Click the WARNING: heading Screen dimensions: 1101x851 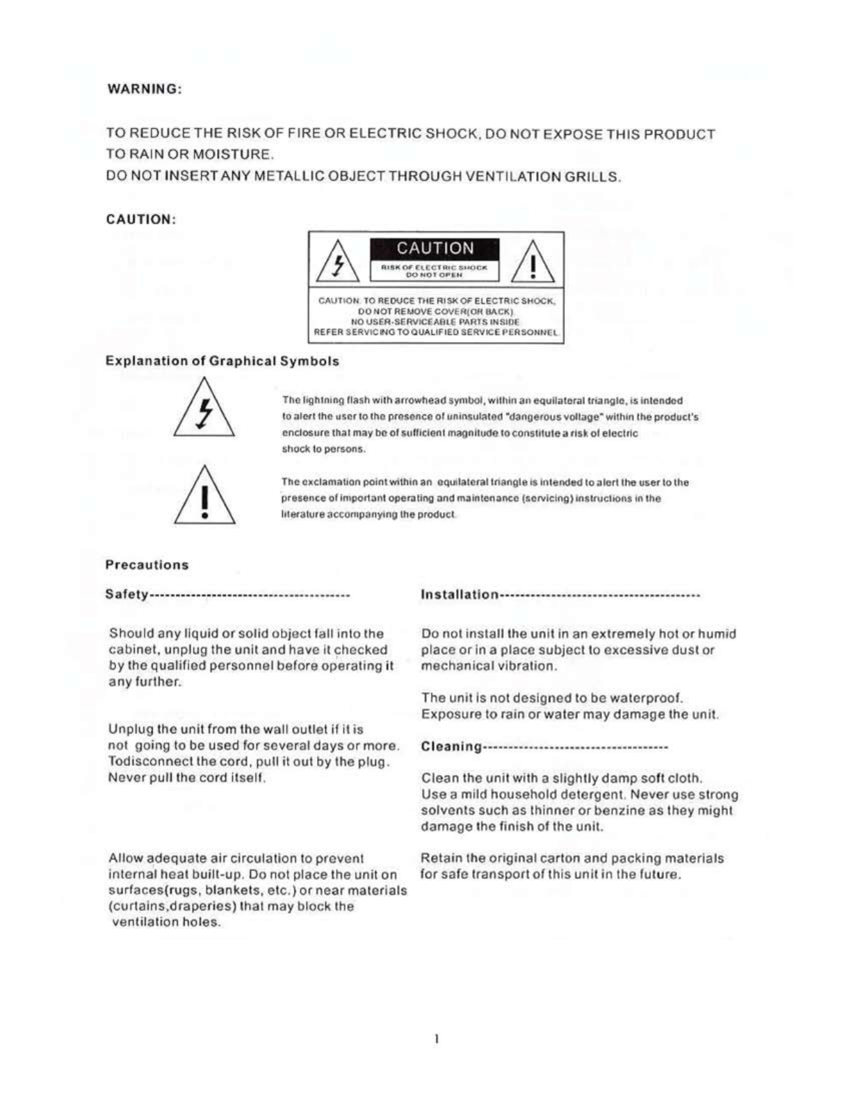pos(143,90)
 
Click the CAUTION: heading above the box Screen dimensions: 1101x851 pos(140,220)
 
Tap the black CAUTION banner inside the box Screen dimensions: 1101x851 pos(435,249)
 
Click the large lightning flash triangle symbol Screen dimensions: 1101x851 pos(204,410)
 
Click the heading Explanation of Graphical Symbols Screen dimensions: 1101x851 pos(222,361)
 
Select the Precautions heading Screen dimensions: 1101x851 pos(147,565)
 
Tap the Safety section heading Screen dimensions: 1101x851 pos(127,594)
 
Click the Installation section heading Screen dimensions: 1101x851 pos(460,595)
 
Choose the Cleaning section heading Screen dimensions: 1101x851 pos(451,747)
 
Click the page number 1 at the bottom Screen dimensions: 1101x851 pos(436,1039)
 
